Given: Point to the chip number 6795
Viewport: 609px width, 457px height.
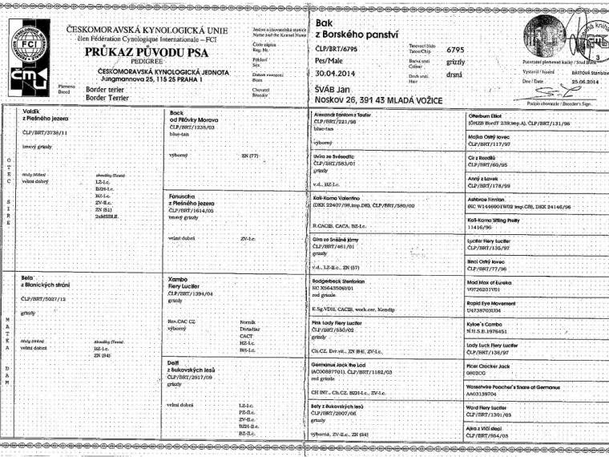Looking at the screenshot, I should coord(457,50).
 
